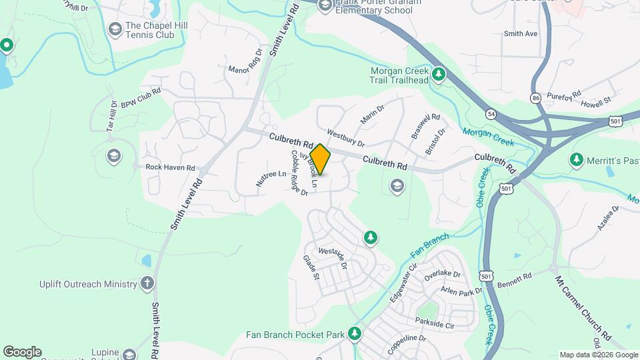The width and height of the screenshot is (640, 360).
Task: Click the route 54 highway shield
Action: click(491, 114)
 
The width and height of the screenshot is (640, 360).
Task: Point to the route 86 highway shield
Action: click(535, 98)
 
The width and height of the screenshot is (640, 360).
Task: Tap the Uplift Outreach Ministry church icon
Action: click(147, 284)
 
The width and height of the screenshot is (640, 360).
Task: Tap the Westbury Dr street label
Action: click(346, 139)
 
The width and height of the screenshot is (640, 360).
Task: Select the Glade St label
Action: click(312, 267)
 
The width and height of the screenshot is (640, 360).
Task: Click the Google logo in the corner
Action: click(22, 351)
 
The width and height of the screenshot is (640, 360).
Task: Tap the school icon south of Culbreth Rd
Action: click(397, 186)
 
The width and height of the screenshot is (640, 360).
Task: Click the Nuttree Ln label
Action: click(271, 179)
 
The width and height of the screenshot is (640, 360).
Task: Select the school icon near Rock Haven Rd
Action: click(114, 156)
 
